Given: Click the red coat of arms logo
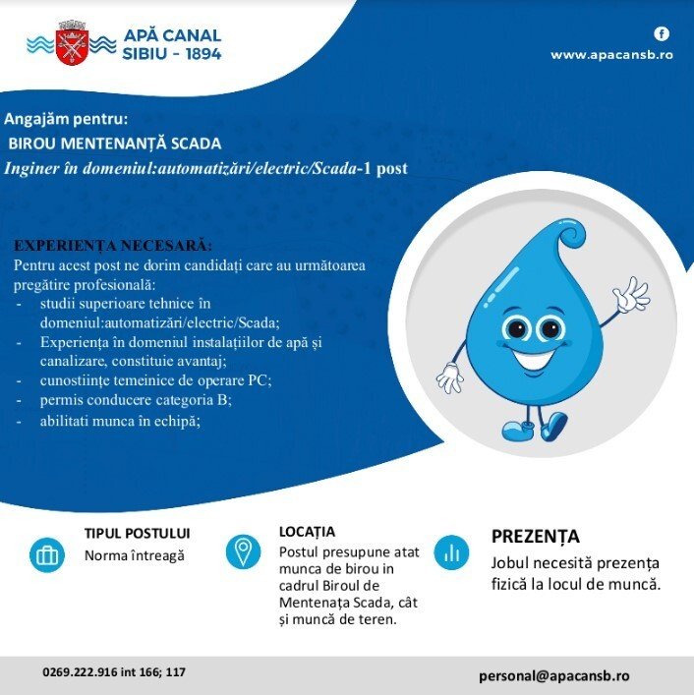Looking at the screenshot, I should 71,42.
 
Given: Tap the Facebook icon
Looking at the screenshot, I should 662,33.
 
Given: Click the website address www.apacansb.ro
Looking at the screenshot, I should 611,55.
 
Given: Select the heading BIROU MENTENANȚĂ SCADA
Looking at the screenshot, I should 115,144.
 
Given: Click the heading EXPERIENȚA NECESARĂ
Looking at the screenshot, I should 113,245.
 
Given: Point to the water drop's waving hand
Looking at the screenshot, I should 629,295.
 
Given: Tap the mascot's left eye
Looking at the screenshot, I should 515,328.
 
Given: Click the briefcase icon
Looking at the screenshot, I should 45,554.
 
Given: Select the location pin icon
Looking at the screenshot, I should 243,551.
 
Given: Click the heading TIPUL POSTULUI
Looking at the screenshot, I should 138,534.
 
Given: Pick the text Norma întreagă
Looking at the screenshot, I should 135,555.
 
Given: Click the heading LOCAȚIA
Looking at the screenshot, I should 307,532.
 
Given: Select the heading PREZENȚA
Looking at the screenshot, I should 536,537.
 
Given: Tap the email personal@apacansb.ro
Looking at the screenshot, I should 554,676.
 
